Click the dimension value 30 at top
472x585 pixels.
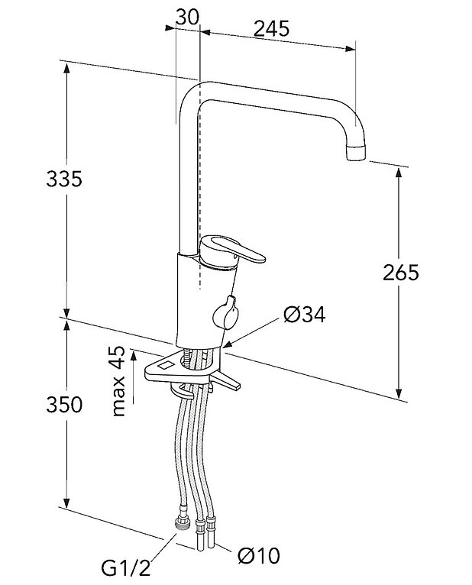[187, 16]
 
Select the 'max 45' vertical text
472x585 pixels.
[118, 380]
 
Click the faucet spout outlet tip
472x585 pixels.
[356, 155]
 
